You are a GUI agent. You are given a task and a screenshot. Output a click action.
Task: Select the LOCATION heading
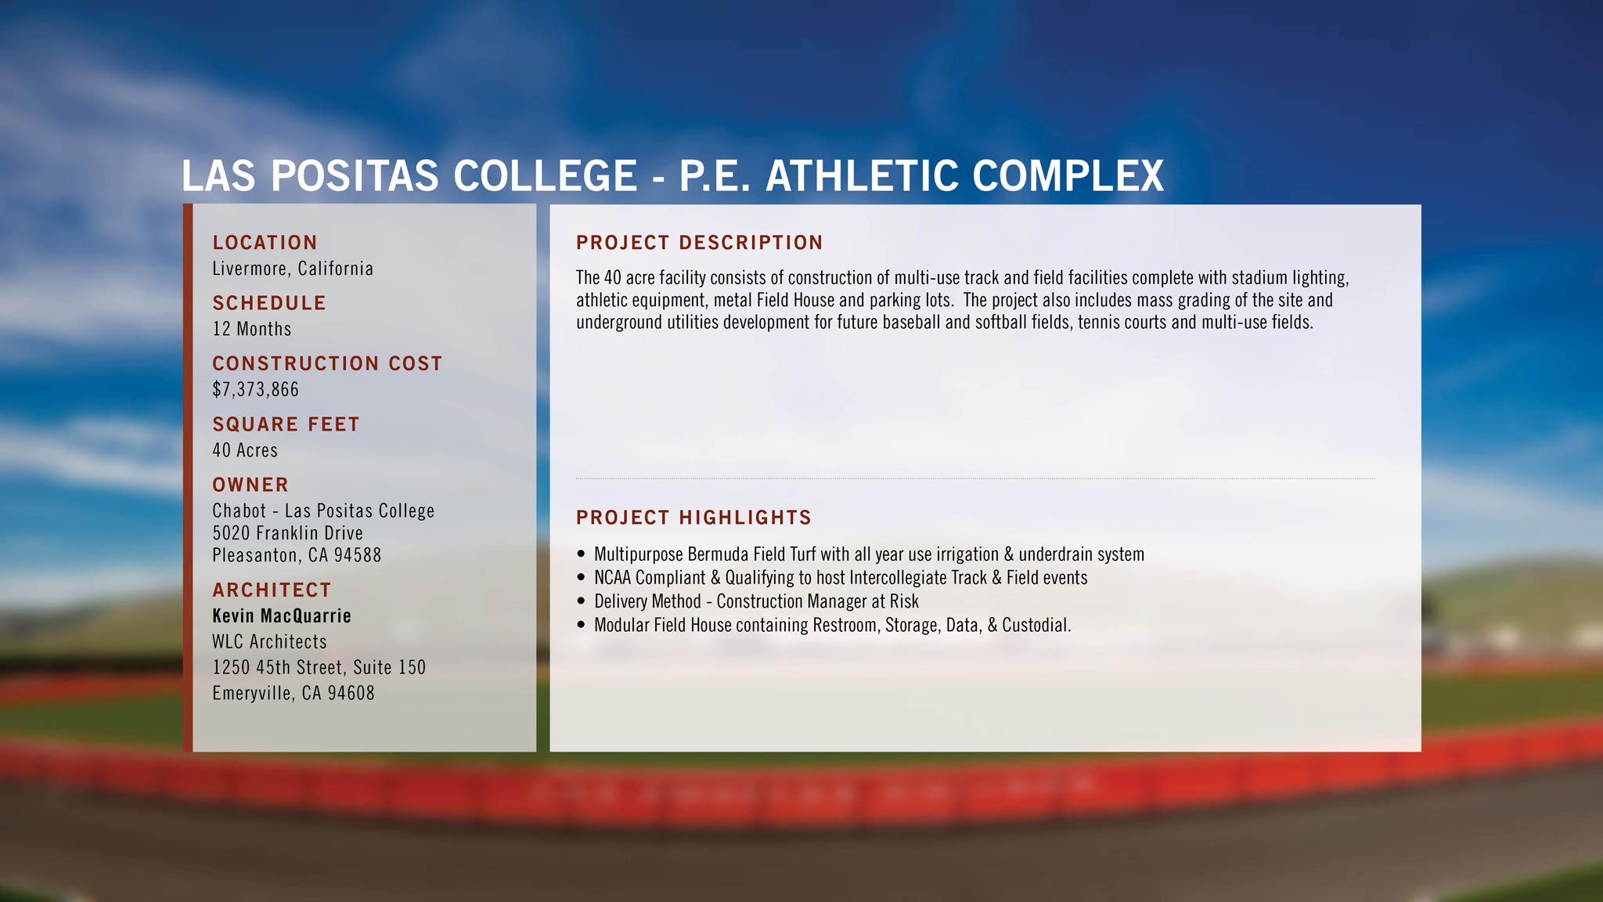[x=265, y=243]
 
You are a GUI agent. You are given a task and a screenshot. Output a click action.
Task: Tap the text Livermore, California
[x=293, y=269]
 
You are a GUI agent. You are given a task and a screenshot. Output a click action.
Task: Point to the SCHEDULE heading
[x=269, y=303]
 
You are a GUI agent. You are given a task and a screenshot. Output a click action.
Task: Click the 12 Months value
[x=252, y=329]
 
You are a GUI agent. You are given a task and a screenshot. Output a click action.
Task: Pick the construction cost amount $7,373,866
[x=256, y=389]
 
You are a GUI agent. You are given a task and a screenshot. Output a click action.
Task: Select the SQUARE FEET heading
[x=286, y=424]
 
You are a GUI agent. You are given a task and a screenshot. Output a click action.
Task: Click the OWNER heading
[x=250, y=485]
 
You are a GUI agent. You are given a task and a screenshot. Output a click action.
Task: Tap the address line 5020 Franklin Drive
[x=288, y=533]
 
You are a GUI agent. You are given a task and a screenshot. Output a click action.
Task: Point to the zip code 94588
[x=358, y=555]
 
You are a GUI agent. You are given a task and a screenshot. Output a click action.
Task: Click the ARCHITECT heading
[x=272, y=590]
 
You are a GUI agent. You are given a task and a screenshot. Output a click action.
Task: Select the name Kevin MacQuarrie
[x=282, y=616]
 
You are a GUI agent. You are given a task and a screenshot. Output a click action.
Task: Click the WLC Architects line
[x=270, y=642]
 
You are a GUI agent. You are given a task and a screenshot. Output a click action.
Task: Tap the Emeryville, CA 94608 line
[x=294, y=694]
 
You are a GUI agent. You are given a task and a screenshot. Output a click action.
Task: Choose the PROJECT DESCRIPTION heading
[x=700, y=243]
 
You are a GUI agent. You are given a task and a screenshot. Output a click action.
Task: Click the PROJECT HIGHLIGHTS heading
[x=693, y=518]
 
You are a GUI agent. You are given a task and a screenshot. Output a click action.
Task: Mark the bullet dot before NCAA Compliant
[x=581, y=578]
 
